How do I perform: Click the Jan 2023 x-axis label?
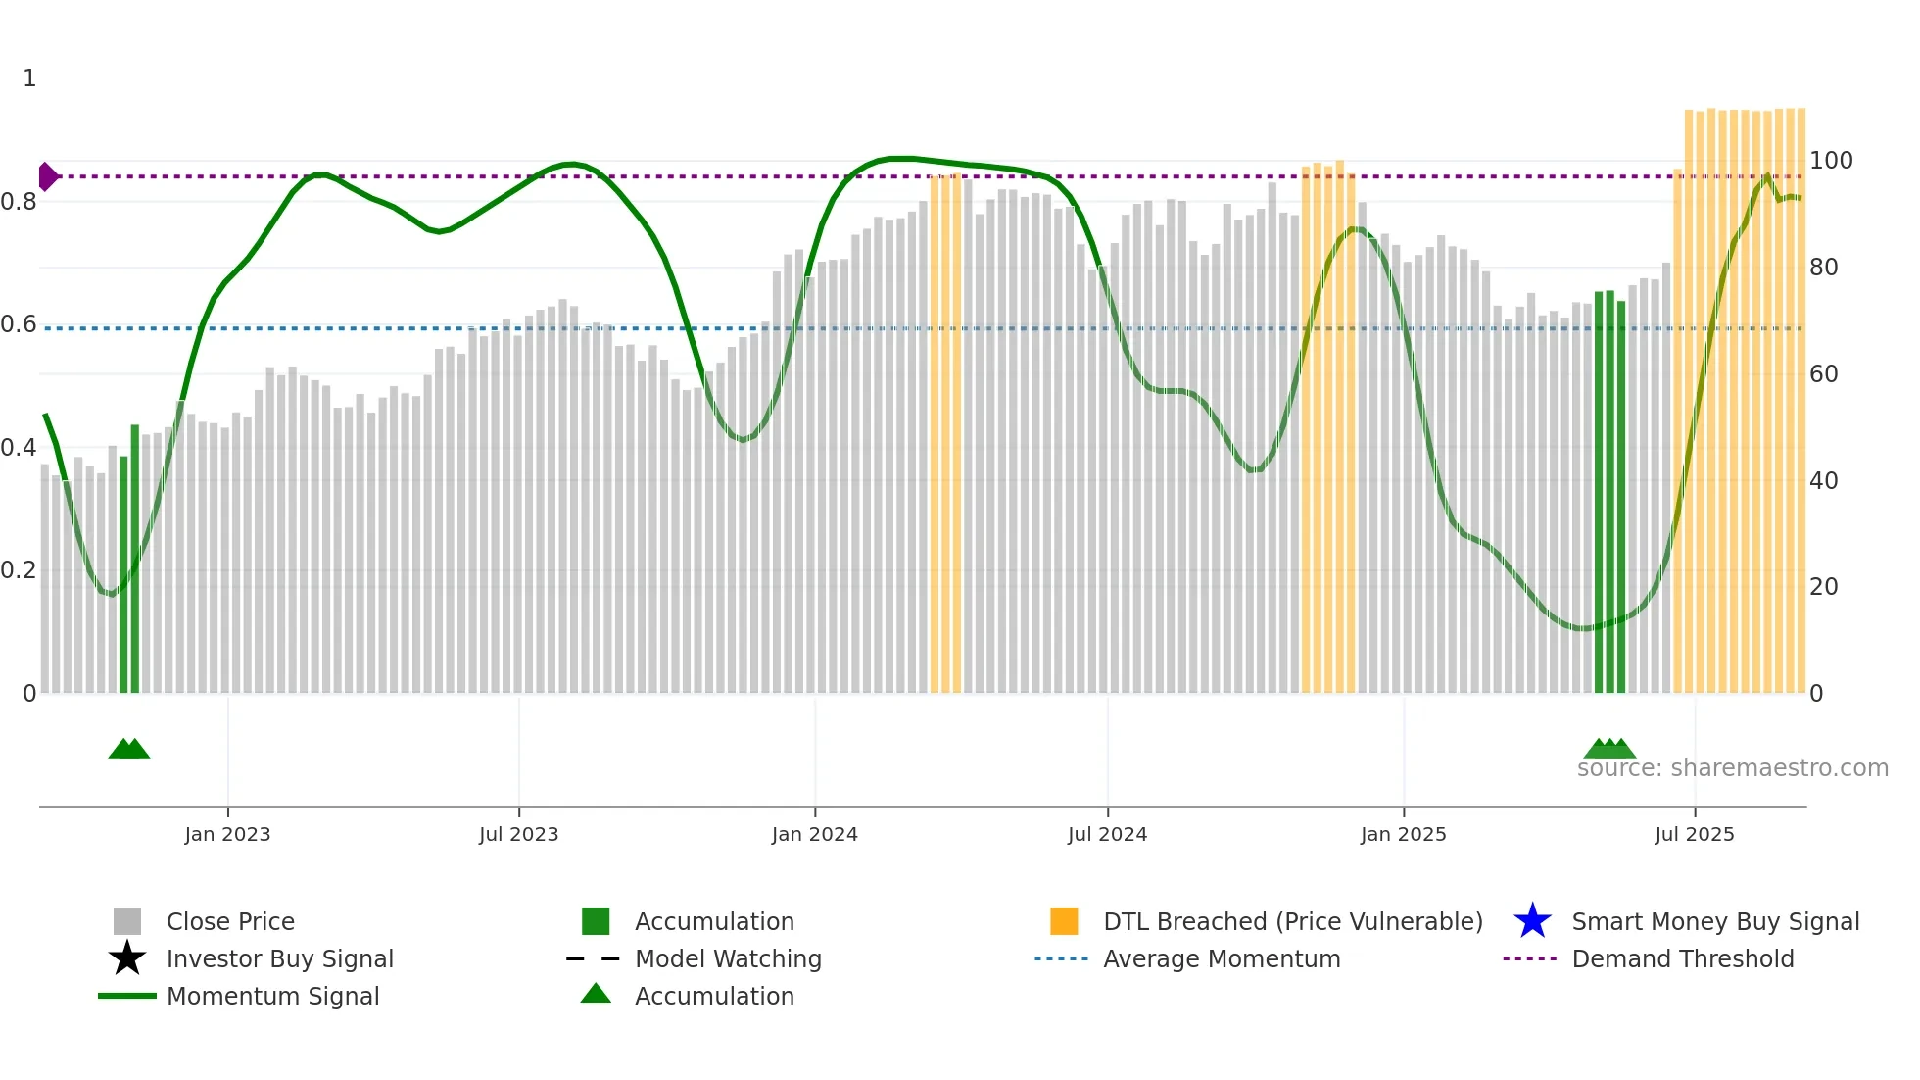point(227,834)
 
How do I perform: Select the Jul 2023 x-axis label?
point(518,834)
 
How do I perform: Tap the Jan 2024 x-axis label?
point(814,834)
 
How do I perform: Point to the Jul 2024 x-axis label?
point(1107,834)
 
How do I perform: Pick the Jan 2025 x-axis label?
point(1403,834)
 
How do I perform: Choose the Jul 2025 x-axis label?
point(1694,834)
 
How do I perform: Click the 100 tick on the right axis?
point(1831,161)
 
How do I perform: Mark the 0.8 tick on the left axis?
point(19,202)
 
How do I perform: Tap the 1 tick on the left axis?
point(29,78)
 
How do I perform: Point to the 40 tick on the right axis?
point(1823,481)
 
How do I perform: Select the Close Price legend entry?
point(230,921)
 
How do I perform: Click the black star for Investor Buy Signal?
point(127,958)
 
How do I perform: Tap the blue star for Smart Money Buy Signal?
point(1532,921)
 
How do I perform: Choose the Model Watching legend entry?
point(728,958)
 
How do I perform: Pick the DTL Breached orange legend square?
point(1064,921)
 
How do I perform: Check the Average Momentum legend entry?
point(1222,958)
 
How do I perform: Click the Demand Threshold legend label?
point(1683,958)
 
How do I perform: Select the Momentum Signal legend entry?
point(272,996)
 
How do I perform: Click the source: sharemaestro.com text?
point(1732,768)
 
